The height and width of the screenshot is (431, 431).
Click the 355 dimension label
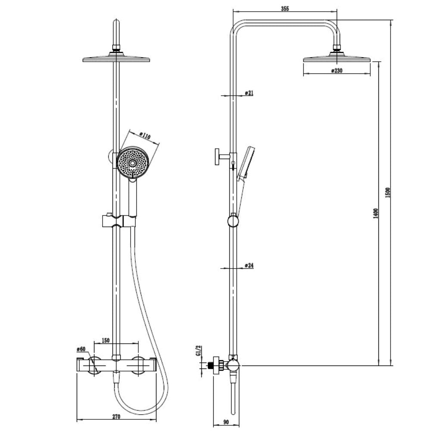point(285,9)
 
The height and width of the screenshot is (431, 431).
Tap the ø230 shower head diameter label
point(337,71)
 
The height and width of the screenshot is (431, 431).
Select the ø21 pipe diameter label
point(249,93)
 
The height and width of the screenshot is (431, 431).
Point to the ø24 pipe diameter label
point(249,265)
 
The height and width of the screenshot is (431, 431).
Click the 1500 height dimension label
point(387,192)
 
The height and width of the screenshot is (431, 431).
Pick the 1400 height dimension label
point(376,214)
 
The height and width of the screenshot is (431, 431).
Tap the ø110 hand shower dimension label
point(145,135)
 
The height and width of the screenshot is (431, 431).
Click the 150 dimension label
point(106,340)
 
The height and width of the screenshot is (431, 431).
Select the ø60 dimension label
point(81,349)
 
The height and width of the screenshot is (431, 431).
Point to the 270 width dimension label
point(116,416)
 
